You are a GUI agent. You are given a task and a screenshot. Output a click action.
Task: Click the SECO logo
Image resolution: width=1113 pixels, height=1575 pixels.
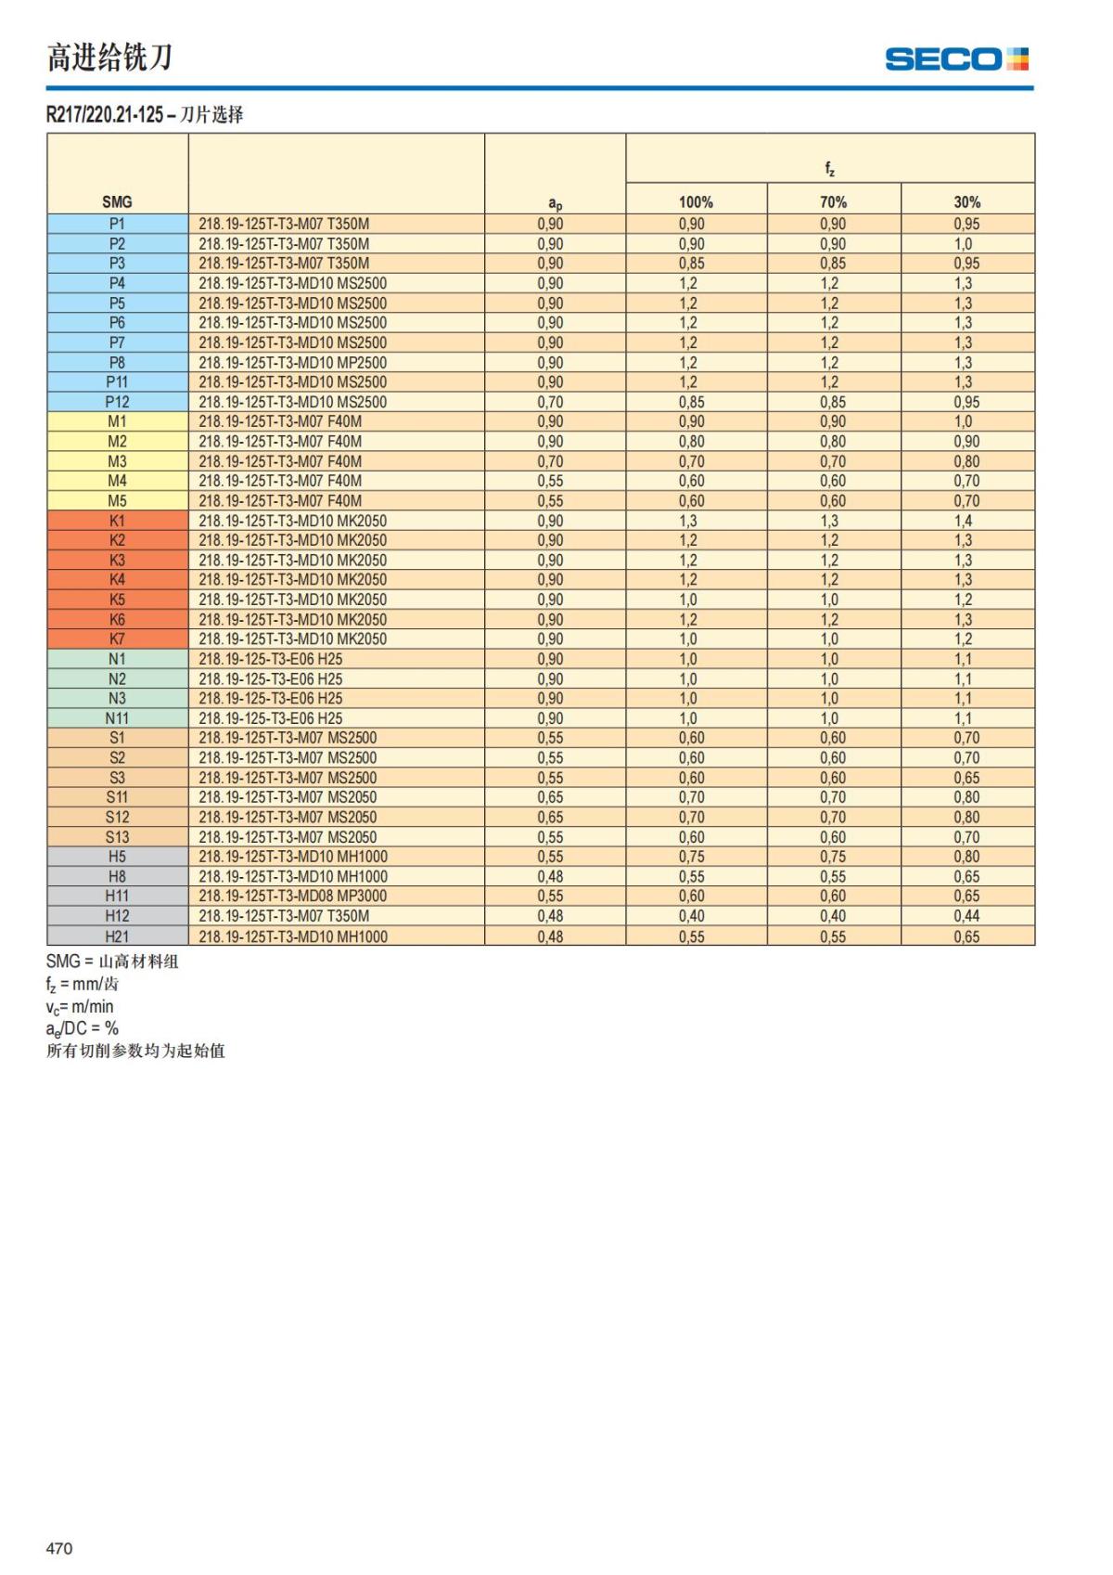956,59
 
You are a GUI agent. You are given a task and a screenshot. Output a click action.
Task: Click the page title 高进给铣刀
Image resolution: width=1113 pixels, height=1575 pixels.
109,58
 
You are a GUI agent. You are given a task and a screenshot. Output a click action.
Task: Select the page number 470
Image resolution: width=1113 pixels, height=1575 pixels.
59,1548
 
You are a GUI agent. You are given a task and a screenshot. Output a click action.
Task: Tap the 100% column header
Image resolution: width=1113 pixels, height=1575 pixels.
696,202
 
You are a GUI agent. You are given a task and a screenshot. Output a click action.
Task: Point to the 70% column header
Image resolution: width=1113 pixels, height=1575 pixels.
833,202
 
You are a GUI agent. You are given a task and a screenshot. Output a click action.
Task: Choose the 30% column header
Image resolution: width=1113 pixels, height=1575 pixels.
966,202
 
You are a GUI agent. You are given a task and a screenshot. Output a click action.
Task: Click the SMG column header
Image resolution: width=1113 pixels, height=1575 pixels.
117,202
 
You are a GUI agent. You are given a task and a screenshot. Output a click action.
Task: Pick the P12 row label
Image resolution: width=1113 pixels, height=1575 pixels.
117,402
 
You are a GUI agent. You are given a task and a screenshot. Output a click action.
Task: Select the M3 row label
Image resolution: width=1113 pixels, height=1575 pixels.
117,461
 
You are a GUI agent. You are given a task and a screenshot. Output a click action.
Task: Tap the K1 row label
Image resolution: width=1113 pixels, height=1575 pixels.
117,521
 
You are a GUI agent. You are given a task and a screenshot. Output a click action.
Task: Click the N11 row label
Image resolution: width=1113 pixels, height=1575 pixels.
117,718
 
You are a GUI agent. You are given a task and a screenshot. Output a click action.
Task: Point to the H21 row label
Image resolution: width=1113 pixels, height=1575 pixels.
117,936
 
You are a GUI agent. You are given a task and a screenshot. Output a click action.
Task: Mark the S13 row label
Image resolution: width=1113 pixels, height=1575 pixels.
117,837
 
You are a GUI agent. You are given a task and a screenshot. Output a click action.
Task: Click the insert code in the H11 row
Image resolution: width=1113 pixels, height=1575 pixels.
292,897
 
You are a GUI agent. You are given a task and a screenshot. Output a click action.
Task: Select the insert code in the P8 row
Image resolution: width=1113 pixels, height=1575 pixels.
292,363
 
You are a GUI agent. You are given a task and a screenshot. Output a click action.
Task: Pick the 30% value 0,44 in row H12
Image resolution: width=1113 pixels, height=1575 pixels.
966,916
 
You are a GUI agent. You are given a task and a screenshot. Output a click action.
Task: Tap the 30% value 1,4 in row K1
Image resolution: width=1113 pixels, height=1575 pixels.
964,521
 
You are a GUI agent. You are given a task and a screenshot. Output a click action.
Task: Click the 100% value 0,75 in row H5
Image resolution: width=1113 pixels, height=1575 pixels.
691,857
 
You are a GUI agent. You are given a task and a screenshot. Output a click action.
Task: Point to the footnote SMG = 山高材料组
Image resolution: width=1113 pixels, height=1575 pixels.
112,962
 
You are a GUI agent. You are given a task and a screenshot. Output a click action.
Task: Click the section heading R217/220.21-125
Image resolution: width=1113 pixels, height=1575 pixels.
105,115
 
